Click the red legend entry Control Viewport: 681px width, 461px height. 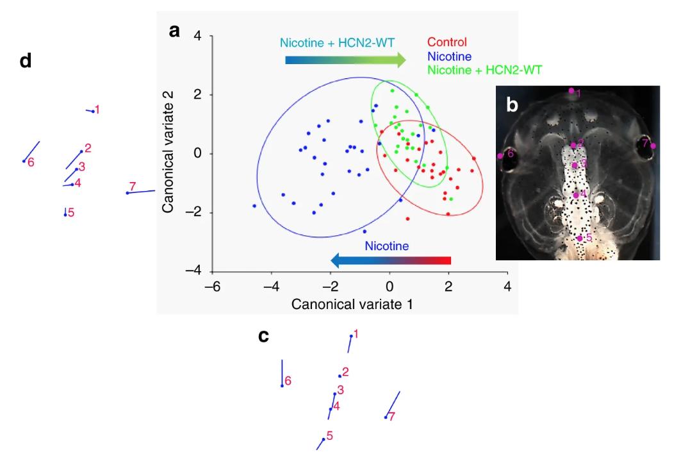coord(449,42)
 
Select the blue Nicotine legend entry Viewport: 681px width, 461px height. coord(450,56)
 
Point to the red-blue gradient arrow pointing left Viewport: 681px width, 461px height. coord(391,260)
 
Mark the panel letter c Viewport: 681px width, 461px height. coord(263,335)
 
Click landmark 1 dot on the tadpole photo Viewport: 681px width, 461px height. coord(571,91)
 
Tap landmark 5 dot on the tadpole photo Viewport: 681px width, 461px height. coord(580,239)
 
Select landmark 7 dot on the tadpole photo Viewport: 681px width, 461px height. coord(653,146)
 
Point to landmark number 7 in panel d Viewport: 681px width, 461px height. coord(132,187)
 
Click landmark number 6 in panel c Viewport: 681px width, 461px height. coord(288,381)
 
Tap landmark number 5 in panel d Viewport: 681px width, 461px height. coord(71,212)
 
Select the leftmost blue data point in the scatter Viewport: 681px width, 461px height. coord(254,206)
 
